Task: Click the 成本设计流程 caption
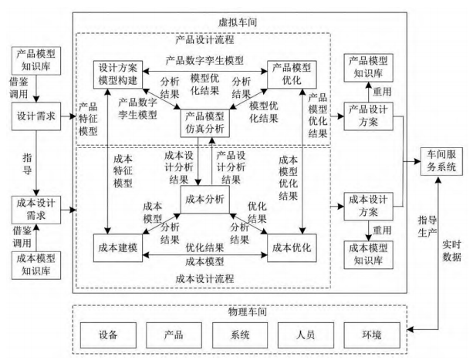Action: point(204,278)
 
